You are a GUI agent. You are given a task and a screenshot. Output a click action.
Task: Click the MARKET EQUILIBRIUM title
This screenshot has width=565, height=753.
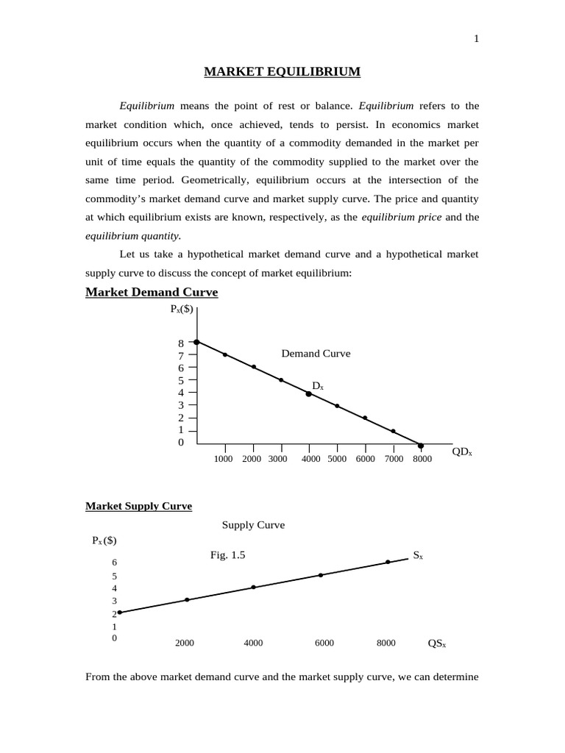[x=282, y=71]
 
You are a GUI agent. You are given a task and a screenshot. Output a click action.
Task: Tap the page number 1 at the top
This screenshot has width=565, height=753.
[x=477, y=39]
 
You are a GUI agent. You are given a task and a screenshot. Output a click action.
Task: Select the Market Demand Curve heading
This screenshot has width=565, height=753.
[x=152, y=292]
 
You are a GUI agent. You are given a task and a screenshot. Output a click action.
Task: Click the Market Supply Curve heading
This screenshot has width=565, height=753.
[x=138, y=506]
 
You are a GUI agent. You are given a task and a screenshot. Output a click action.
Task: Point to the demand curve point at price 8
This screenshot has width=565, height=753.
[x=196, y=342]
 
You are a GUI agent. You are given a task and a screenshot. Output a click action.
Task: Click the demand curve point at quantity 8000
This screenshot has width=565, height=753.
[x=421, y=446]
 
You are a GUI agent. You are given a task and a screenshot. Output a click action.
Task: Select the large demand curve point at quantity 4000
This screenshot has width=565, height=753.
[x=309, y=394]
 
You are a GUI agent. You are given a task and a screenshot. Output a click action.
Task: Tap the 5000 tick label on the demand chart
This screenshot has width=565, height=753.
[x=337, y=459]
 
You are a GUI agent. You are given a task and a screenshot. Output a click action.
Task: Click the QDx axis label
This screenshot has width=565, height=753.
[x=462, y=452]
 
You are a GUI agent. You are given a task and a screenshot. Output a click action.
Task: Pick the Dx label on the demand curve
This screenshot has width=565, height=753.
[x=318, y=385]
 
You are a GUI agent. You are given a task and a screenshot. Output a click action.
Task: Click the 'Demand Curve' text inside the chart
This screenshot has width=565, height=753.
[x=316, y=354]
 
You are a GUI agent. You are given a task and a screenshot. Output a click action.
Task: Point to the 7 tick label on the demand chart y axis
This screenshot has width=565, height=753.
[x=180, y=355]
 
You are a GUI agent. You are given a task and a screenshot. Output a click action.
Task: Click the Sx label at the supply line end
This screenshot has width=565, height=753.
[x=417, y=556]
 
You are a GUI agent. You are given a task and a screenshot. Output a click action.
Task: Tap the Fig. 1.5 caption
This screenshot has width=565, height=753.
[x=227, y=556]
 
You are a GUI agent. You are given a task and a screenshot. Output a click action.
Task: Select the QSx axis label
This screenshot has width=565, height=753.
[x=437, y=643]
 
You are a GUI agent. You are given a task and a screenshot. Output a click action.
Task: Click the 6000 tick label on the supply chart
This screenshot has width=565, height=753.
[x=324, y=643]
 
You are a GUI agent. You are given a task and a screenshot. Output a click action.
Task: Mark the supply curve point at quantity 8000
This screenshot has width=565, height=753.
[x=388, y=563]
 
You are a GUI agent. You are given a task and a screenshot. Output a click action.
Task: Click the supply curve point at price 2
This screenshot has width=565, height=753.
[x=119, y=613]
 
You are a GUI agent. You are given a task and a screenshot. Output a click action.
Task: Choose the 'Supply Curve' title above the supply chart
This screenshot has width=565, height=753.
[x=253, y=525]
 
